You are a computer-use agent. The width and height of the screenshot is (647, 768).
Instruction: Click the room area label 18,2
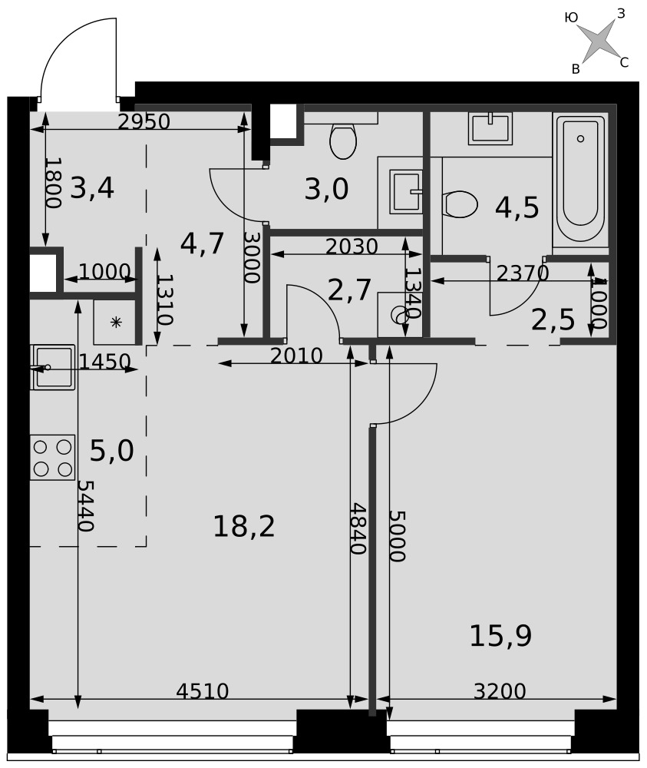coord(244,527)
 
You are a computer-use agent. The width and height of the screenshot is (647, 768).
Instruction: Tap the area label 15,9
coord(500,636)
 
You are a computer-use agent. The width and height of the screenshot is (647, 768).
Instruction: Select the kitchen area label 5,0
coord(111,451)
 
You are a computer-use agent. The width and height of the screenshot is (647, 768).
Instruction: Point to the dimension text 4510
coord(202,692)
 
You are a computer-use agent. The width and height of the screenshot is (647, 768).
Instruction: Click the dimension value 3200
coord(500,692)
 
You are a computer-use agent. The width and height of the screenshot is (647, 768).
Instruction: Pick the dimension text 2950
coord(144,122)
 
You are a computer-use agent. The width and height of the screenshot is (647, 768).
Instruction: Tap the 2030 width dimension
coord(352,247)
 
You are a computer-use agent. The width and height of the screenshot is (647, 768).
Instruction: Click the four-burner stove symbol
coord(53,458)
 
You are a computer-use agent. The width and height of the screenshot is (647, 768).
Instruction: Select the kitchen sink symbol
coord(53,367)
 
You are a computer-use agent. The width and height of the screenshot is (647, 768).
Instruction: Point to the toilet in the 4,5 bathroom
coord(459,204)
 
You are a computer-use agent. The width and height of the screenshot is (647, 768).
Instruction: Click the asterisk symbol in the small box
coord(116,323)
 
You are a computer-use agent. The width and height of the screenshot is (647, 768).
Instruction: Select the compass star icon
coord(599,39)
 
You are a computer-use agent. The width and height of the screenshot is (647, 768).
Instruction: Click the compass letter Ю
coord(571,18)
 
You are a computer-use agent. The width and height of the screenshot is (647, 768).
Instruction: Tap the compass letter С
coord(624,63)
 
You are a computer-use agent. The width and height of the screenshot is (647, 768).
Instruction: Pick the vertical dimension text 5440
coord(86,505)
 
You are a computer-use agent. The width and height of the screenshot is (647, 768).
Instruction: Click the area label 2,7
coord(349,290)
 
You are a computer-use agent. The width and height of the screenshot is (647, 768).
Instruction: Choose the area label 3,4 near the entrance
coord(92,188)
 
